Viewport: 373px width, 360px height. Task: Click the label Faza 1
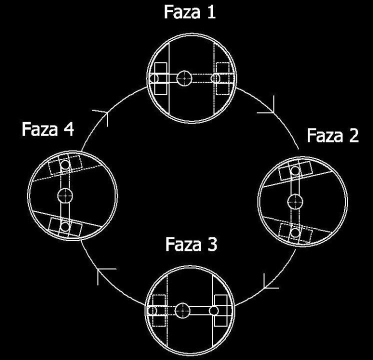pyautogui.click(x=190, y=12)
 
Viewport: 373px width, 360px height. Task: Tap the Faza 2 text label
pyautogui.click(x=333, y=135)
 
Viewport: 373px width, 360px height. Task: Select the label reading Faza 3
pyautogui.click(x=191, y=244)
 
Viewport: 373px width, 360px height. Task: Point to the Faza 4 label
pyautogui.click(x=47, y=129)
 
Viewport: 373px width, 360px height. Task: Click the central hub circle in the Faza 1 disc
pyautogui.click(x=184, y=78)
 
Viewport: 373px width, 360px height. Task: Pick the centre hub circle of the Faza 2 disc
pyautogui.click(x=295, y=202)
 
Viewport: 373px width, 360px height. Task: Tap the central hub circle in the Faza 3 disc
pyautogui.click(x=182, y=310)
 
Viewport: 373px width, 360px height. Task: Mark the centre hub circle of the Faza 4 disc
pyautogui.click(x=65, y=196)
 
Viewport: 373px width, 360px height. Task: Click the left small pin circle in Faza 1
pyautogui.click(x=154, y=78)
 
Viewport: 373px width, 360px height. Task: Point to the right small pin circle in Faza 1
pyautogui.click(x=215, y=78)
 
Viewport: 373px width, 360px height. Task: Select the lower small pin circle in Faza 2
pyautogui.click(x=294, y=232)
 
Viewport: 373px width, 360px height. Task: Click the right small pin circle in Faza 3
pyautogui.click(x=213, y=310)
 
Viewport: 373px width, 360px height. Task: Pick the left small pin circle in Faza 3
pyautogui.click(x=152, y=310)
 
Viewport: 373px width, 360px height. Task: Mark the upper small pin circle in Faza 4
pyautogui.click(x=65, y=164)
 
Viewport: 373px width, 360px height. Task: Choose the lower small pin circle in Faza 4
pyautogui.click(x=65, y=226)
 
